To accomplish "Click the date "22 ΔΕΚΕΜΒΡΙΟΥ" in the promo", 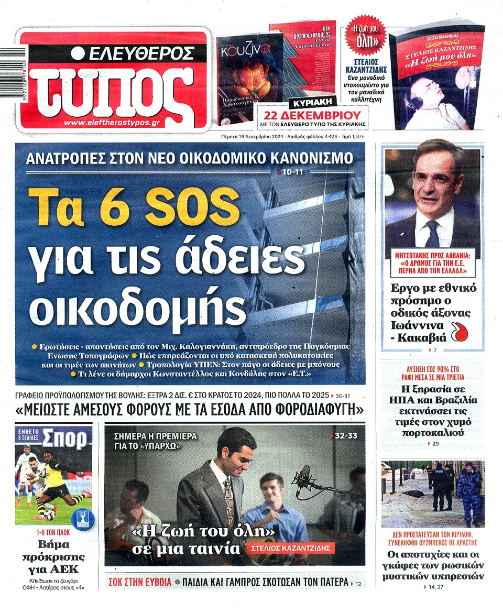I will pos(313,115).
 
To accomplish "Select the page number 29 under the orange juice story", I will pos(436,444).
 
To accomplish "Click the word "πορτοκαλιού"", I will pos(433,433).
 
